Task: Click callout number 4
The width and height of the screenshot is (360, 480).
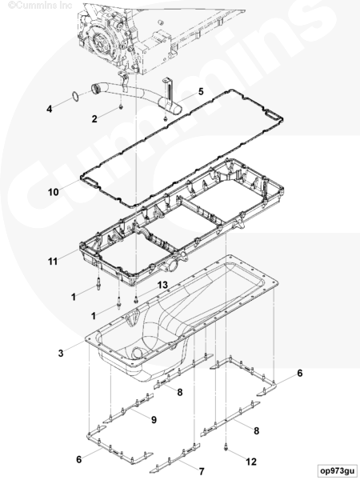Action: [x=50, y=109]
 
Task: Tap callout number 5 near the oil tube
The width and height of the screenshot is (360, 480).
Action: [x=201, y=91]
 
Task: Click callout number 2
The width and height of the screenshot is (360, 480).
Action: [x=94, y=118]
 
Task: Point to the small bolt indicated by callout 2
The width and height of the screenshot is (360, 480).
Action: [x=121, y=107]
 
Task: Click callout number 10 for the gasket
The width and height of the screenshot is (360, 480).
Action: [x=53, y=192]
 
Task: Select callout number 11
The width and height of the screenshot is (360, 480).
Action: [x=53, y=262]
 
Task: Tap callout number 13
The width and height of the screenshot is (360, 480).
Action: [x=162, y=285]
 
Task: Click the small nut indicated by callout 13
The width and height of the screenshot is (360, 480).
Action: [x=136, y=302]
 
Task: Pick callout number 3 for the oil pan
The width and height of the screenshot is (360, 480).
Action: [x=61, y=353]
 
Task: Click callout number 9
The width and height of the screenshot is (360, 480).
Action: [x=154, y=420]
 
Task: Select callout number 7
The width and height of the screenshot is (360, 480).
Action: [x=202, y=471]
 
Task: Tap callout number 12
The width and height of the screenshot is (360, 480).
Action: [x=251, y=462]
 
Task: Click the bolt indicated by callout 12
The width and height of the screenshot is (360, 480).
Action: [x=226, y=447]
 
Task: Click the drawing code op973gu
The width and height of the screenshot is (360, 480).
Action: [x=337, y=470]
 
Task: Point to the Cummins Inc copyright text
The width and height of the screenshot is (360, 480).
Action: [x=40, y=6]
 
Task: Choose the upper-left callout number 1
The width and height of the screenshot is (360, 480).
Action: [x=74, y=297]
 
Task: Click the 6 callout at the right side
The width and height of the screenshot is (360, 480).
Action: [x=300, y=373]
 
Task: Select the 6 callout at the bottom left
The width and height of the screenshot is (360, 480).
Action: [x=79, y=459]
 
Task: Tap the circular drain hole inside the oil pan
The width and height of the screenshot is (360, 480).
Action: [x=138, y=354]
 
